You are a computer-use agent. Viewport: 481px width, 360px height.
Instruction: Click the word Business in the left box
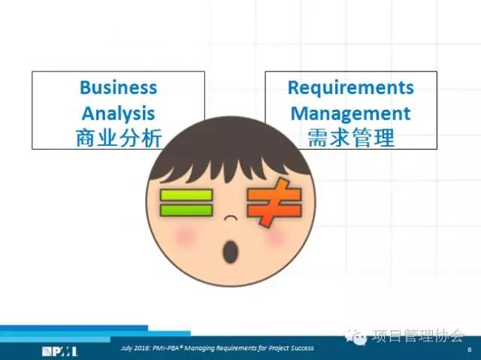pyautogui.click(x=119, y=87)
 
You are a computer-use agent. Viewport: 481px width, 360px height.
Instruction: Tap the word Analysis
pyautogui.click(x=119, y=114)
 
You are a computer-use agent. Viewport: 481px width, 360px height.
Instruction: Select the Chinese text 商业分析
pyautogui.click(x=119, y=138)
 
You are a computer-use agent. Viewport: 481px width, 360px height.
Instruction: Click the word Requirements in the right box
pyautogui.click(x=351, y=88)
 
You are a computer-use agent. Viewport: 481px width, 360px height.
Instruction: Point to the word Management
pyautogui.click(x=351, y=114)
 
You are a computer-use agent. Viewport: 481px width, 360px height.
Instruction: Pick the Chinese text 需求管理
pyautogui.click(x=351, y=138)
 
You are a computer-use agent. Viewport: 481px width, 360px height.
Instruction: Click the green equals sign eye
pyautogui.click(x=186, y=203)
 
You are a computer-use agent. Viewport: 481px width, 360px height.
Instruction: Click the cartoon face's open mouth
pyautogui.click(x=231, y=252)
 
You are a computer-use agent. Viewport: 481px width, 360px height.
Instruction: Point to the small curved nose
pyautogui.click(x=231, y=218)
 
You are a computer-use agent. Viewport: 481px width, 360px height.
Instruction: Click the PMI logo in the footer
pyautogui.click(x=60, y=352)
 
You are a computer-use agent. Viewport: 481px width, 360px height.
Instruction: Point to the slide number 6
pyautogui.click(x=469, y=349)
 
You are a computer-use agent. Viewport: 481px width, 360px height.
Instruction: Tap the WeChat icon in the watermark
pyautogui.click(x=355, y=337)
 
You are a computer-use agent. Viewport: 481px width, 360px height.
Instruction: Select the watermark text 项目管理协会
pyautogui.click(x=418, y=335)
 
